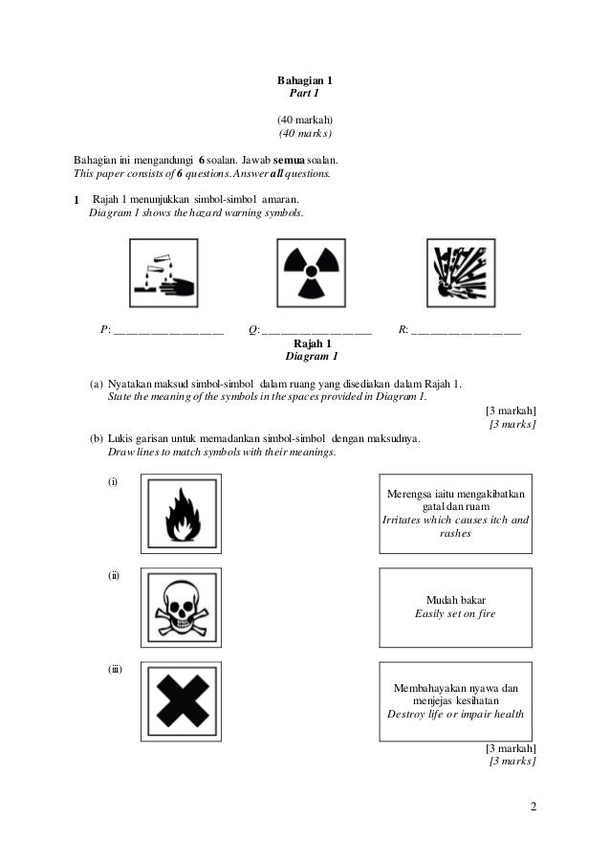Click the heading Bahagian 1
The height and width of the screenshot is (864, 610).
coord(304,82)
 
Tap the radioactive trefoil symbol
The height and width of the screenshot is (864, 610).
coord(307,273)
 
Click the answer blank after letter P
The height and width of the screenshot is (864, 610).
coord(168,331)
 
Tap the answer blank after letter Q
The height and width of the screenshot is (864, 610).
coord(316,331)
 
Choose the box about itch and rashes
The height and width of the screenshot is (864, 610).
coord(455,514)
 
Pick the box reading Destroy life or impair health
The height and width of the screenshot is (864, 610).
coord(455,701)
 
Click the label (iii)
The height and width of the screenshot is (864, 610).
coord(115,669)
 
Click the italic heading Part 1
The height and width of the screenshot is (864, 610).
coord(304,96)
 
